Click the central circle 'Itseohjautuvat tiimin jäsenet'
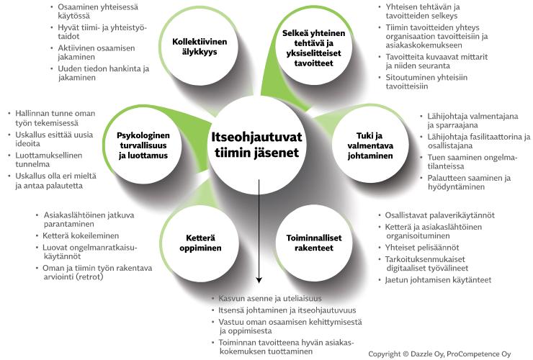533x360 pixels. (256, 145)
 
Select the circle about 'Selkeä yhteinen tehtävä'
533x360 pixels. (315, 47)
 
